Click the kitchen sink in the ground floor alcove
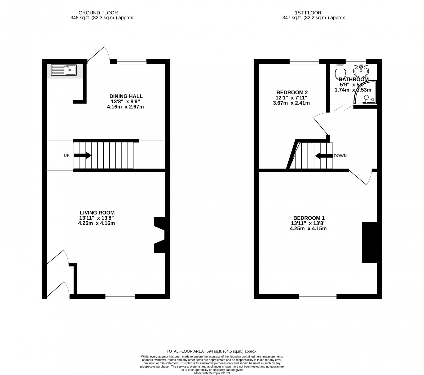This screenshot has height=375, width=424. click(64, 70)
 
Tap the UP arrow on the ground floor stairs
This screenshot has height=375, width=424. click(82, 156)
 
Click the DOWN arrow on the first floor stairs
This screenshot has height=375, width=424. click(324, 156)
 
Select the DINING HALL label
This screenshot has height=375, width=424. click(126, 96)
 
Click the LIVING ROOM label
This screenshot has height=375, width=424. click(97, 213)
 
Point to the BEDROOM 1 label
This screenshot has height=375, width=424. click(308, 218)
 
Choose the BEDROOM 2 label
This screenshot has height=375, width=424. click(292, 92)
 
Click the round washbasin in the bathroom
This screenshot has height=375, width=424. click(361, 71)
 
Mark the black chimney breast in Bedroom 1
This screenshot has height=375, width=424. click(369, 243)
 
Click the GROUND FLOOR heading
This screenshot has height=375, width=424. click(98, 13)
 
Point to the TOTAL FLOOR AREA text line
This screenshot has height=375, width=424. click(212, 351)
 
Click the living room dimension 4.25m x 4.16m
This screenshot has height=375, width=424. click(96, 223)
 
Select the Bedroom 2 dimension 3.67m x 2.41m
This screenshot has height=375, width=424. click(291, 103)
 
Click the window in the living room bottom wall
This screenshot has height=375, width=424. click(120, 296)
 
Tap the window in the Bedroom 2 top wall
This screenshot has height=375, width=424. click(304, 62)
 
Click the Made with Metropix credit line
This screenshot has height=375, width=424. click(212, 373)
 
